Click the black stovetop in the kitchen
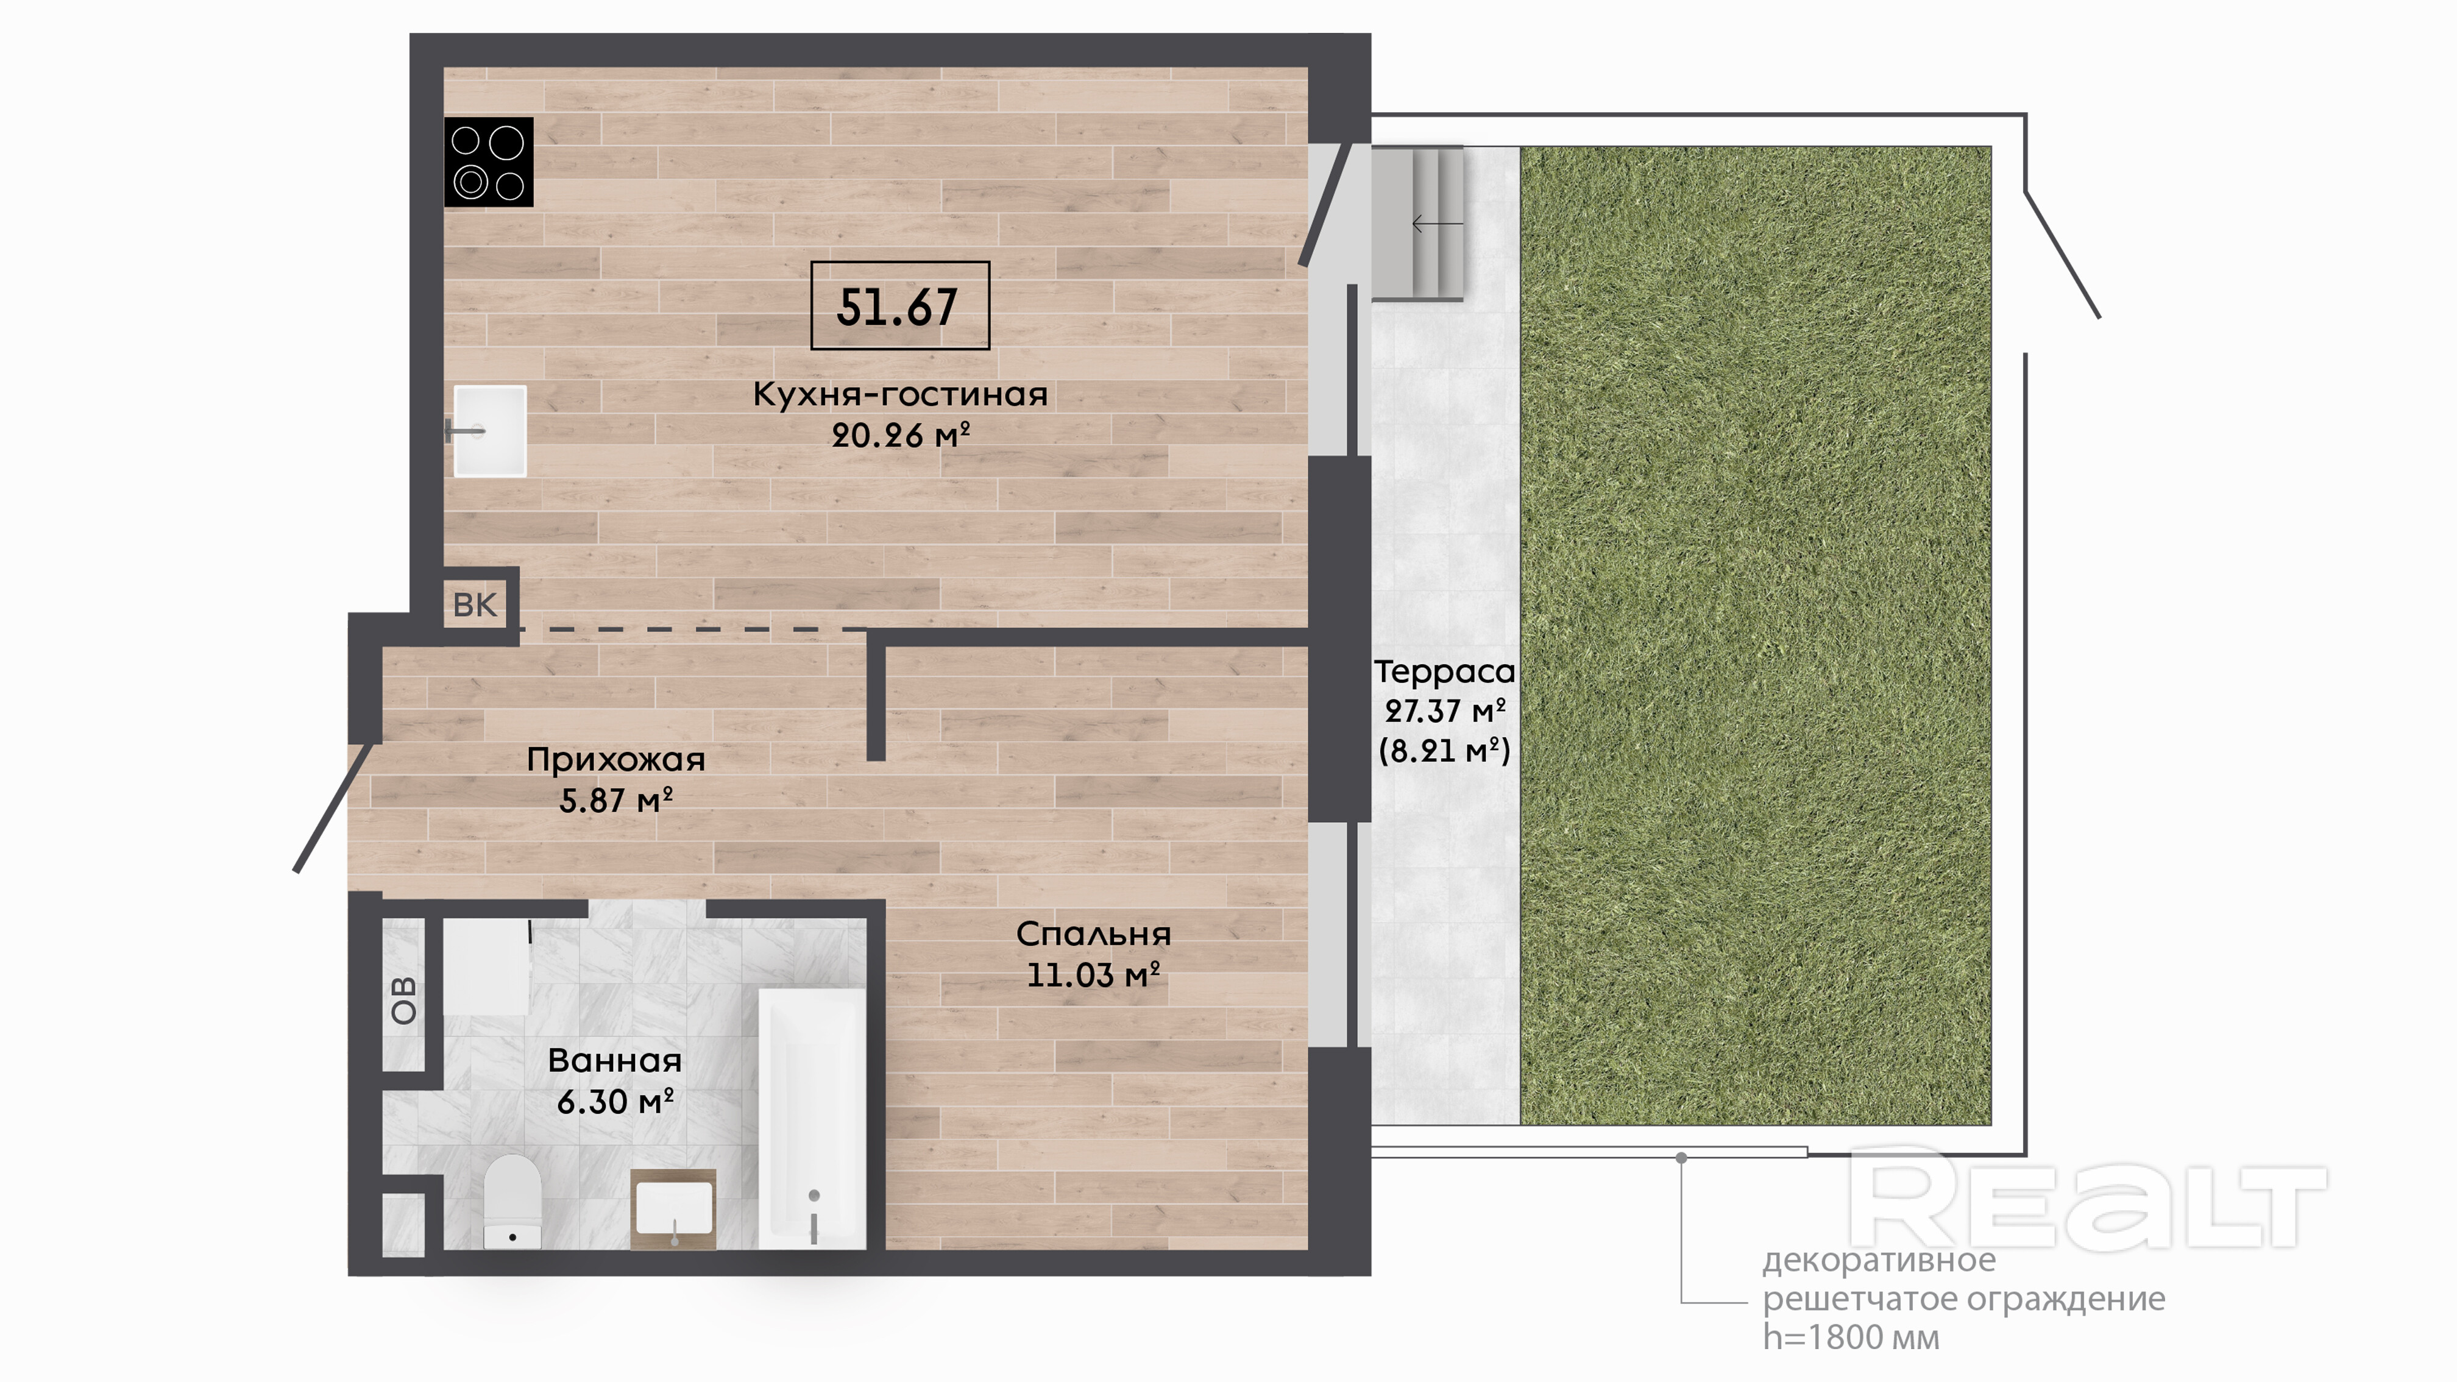tap(488, 162)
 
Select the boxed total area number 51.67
tap(899, 305)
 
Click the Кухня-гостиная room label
tap(899, 394)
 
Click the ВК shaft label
tap(474, 604)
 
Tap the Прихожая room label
tap(616, 760)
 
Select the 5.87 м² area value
tap(616, 800)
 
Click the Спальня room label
tap(1093, 934)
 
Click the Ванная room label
tap(615, 1061)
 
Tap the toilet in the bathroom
tap(512, 1201)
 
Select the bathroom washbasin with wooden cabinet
tap(673, 1208)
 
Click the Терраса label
tap(1444, 672)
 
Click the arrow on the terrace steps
tap(1438, 224)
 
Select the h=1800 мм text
tap(1851, 1337)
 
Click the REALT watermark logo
tap(2087, 1199)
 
